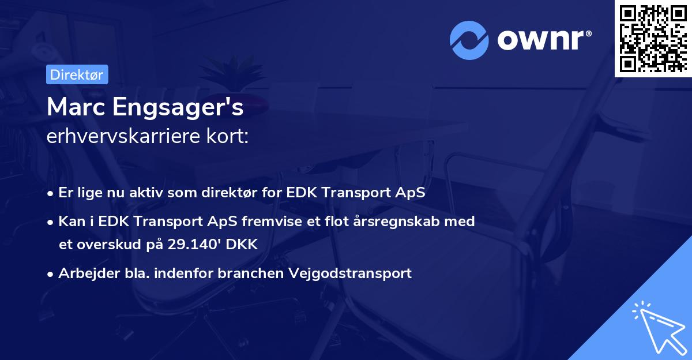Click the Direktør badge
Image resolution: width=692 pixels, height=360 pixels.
point(77,74)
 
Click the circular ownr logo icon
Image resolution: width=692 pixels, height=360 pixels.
point(469,40)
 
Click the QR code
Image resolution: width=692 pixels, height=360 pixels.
point(652,38)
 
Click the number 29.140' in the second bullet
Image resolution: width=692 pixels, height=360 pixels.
point(196,245)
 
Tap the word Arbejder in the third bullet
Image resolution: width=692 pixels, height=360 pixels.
point(85,273)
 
